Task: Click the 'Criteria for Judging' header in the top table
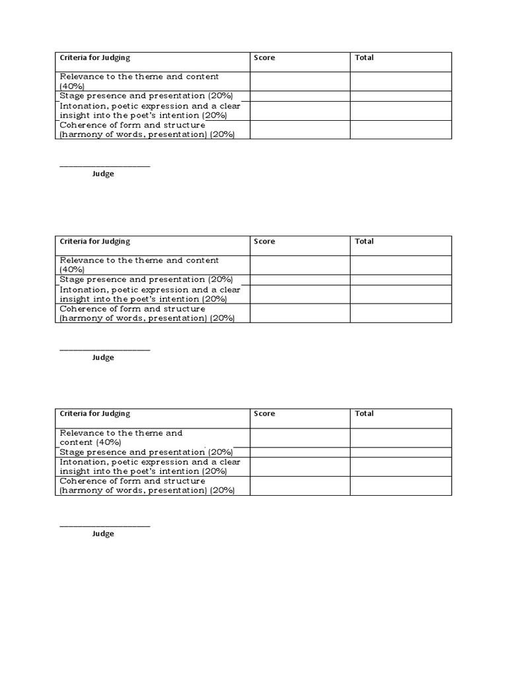point(95,58)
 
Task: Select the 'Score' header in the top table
point(265,58)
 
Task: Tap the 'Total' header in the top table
point(364,58)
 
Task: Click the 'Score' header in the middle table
point(265,242)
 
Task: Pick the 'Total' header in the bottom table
point(364,414)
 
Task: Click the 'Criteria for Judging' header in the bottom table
point(95,414)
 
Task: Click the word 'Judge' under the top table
point(103,174)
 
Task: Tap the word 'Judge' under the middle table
point(103,358)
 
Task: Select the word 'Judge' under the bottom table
point(103,534)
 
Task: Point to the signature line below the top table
point(105,166)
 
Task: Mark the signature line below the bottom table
point(105,526)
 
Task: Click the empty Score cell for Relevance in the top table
point(300,81)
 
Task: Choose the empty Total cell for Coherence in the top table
point(401,129)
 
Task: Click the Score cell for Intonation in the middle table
point(300,294)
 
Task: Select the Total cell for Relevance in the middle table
point(401,265)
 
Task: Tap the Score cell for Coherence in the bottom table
point(300,486)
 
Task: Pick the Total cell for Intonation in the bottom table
point(401,467)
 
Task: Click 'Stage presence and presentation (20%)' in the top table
point(146,96)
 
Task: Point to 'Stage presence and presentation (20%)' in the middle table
point(146,280)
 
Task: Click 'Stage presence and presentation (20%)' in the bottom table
point(146,453)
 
